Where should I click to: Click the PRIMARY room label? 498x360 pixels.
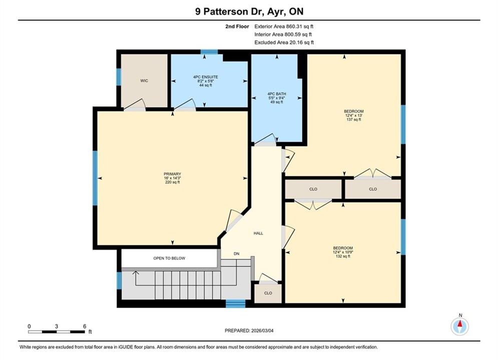172,174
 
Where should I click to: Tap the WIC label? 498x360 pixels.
144,80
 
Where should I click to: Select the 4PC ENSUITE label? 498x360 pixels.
206,77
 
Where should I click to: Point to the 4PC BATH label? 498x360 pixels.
277,94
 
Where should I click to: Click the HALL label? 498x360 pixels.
258,233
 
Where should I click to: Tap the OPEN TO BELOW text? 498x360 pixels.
169,258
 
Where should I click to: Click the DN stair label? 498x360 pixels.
236,253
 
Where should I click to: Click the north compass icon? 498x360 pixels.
460,325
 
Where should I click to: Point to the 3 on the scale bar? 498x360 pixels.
57,326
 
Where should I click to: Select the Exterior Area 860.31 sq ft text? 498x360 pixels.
284,26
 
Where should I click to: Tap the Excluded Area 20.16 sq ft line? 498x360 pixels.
284,42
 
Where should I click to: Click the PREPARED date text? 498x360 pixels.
249,330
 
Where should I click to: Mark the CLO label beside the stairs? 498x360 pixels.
268,293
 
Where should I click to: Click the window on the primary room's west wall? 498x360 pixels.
95,178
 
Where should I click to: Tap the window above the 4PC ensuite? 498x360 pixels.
209,51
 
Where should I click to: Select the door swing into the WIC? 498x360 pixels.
135,104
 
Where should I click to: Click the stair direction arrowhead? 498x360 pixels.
136,272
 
